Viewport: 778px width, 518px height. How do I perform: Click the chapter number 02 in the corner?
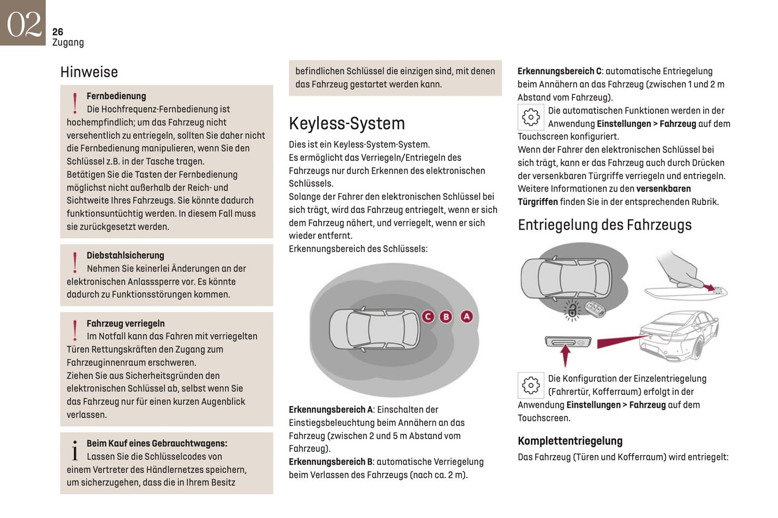click(23, 24)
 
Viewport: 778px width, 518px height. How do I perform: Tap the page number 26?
click(58, 32)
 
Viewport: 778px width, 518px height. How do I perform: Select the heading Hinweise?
click(89, 72)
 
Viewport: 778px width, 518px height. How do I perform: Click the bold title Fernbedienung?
click(116, 96)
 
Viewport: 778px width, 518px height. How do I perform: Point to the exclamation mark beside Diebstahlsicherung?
click(75, 262)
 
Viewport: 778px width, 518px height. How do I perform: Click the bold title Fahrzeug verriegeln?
click(125, 324)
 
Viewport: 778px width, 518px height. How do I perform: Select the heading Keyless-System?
click(347, 124)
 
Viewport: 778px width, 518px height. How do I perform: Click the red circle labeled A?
click(467, 317)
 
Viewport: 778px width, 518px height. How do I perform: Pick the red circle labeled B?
click(446, 317)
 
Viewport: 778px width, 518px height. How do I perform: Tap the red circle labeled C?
click(428, 317)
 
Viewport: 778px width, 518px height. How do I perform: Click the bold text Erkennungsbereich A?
click(331, 410)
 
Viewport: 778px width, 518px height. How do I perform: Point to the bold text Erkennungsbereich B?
click(331, 462)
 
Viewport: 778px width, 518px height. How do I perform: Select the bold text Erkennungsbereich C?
click(559, 72)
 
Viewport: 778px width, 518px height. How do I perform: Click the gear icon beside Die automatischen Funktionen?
click(531, 117)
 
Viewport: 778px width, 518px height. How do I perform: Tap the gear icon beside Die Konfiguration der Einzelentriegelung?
click(531, 385)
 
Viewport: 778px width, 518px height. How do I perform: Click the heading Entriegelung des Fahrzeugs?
click(605, 225)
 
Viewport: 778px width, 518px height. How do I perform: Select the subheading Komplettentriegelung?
click(570, 441)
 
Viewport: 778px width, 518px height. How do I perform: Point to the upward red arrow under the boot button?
click(565, 356)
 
